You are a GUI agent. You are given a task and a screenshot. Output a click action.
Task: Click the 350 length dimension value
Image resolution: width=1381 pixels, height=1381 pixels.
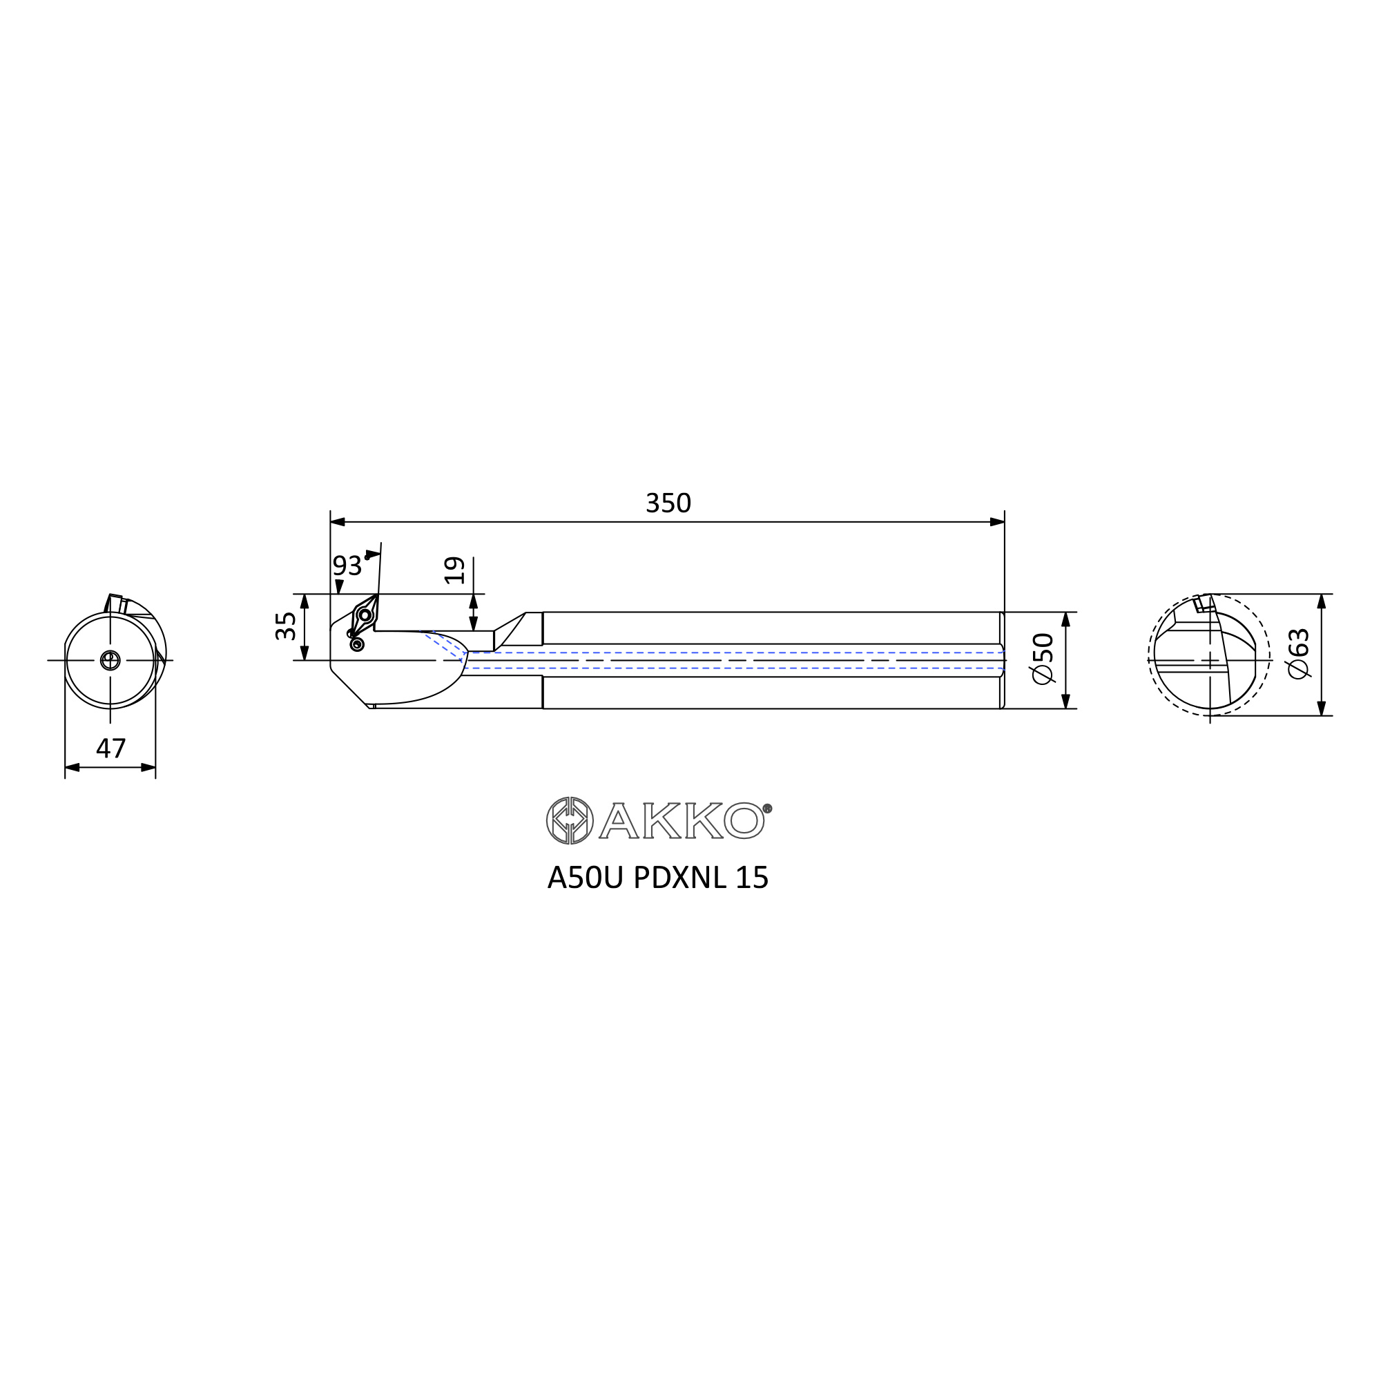click(x=668, y=503)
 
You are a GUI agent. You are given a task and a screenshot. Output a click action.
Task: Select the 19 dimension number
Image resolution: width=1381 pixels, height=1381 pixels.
click(x=454, y=570)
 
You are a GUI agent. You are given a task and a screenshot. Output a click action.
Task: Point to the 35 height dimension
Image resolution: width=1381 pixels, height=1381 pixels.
click(x=285, y=626)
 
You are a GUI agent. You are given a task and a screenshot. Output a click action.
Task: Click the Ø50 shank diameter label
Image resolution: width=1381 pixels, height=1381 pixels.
click(x=1043, y=659)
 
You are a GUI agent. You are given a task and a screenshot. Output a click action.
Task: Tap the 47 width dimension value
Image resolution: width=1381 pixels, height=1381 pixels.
click(x=110, y=749)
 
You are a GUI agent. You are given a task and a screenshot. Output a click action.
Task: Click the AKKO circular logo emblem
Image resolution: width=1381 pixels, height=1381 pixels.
click(x=570, y=820)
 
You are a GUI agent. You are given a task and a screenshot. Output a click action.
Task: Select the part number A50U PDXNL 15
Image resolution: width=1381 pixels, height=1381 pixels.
click(x=657, y=878)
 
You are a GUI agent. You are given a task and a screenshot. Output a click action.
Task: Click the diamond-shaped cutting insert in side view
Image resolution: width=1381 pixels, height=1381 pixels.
click(x=365, y=614)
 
